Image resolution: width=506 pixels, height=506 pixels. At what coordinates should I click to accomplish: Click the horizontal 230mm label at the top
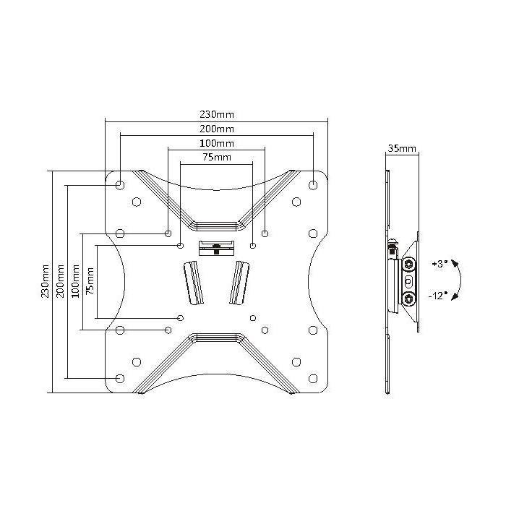(216, 114)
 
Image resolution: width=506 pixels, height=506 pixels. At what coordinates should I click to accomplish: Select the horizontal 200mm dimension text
(216, 129)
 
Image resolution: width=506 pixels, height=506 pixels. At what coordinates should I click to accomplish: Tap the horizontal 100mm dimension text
(216, 143)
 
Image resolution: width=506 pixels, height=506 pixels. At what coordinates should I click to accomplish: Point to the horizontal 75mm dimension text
(216, 157)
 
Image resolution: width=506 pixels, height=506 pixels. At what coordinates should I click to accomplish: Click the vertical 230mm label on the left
(45, 282)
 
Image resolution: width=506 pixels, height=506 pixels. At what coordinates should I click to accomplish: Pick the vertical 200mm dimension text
(59, 282)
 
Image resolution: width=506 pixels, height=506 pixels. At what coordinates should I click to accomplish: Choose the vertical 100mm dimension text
(74, 282)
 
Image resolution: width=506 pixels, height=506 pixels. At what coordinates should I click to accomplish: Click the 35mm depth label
(402, 148)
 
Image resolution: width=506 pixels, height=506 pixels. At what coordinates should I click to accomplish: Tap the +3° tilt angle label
(439, 265)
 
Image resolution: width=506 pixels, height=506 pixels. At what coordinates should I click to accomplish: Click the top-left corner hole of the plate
(120, 185)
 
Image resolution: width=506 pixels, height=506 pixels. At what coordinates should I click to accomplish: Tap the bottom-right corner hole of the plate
(312, 377)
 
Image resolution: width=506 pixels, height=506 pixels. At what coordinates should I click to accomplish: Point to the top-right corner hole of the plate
(312, 185)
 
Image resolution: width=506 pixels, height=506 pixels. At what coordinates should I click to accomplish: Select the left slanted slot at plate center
(194, 283)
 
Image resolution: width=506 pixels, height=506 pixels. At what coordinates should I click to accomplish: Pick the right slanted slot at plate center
(239, 283)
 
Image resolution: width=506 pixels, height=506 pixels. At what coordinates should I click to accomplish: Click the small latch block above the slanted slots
(216, 246)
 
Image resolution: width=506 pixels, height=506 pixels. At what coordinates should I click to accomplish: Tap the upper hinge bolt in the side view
(410, 262)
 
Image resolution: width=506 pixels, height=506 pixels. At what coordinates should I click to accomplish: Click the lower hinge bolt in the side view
(410, 298)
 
